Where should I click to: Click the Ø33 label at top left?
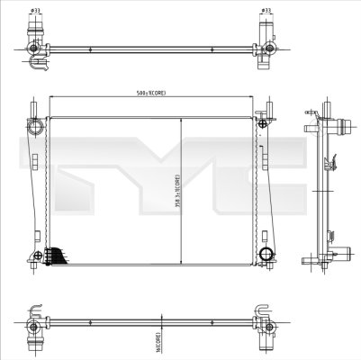(x=35, y=11)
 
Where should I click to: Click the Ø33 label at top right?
(x=266, y=11)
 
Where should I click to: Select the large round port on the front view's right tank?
(x=266, y=256)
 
